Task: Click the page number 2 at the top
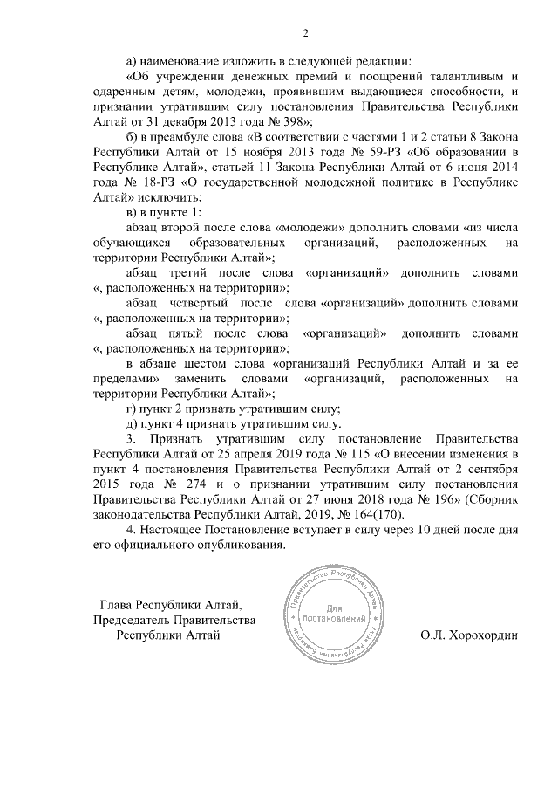[305, 33]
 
